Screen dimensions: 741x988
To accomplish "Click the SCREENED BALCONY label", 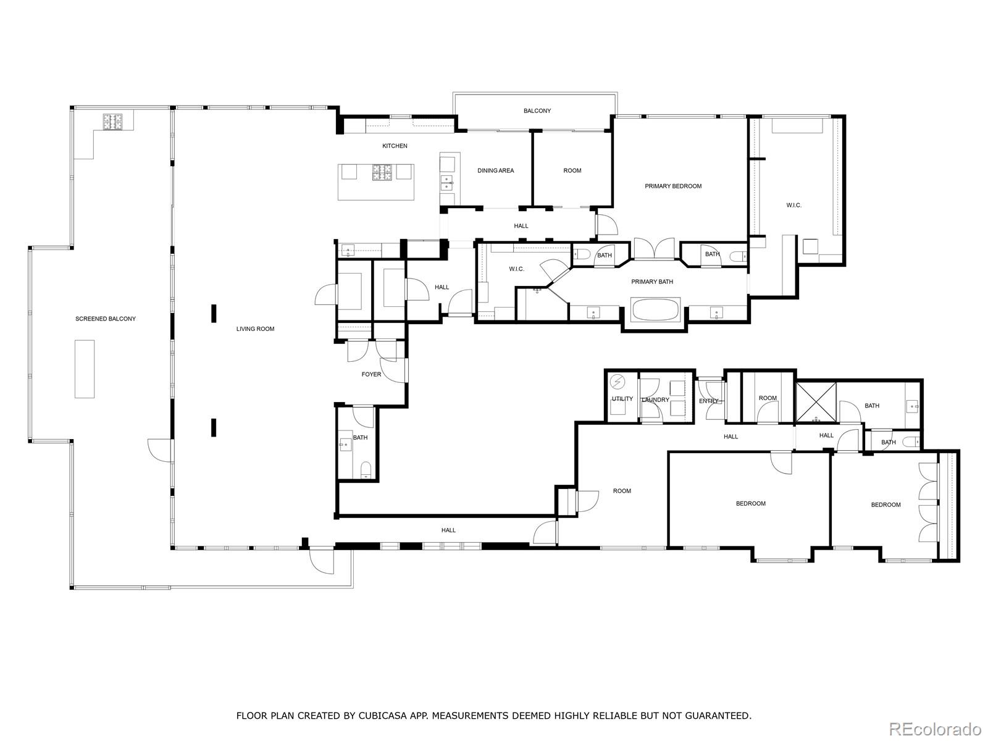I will (106, 319).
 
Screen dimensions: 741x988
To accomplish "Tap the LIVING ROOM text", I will (255, 329).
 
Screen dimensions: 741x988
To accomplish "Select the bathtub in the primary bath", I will (655, 309).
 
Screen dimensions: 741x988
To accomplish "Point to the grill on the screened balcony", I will (114, 121).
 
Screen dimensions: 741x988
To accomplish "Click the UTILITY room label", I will (622, 399).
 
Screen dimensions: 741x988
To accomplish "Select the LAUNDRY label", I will (655, 400).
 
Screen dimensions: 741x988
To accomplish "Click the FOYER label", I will (371, 374).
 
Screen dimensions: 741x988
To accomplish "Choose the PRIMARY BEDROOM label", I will (673, 186).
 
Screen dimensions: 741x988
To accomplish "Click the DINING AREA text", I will (495, 170).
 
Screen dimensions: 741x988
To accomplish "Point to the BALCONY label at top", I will (537, 111).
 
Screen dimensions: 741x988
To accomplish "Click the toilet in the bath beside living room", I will (366, 469).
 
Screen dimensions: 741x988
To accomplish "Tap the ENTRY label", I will (709, 401).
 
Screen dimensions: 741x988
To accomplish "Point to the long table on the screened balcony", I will (85, 369).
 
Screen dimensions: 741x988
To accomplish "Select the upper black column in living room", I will (214, 313).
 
